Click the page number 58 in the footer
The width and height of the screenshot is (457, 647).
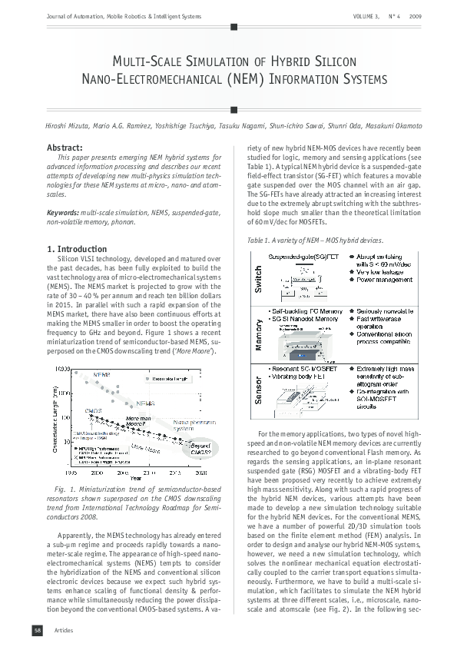[x=36, y=631]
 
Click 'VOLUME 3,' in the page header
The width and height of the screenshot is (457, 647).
[x=366, y=16]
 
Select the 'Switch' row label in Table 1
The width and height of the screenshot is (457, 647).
[x=258, y=278]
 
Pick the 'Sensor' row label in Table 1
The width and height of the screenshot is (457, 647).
[x=258, y=391]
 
